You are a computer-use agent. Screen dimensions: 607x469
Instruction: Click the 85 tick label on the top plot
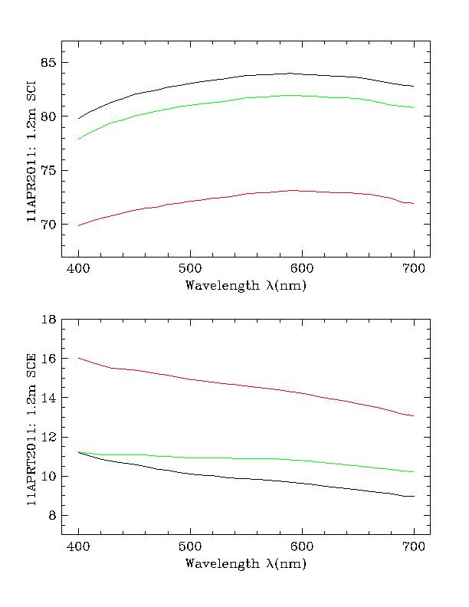click(x=50, y=63)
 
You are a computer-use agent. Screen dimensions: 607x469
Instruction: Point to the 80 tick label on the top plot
click(x=50, y=116)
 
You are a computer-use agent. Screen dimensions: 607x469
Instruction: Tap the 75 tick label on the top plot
click(x=50, y=171)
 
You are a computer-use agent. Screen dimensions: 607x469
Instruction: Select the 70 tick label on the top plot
click(x=50, y=225)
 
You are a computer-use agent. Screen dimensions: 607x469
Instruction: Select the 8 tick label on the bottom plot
click(x=53, y=516)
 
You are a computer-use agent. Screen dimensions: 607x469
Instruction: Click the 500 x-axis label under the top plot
click(x=190, y=268)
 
